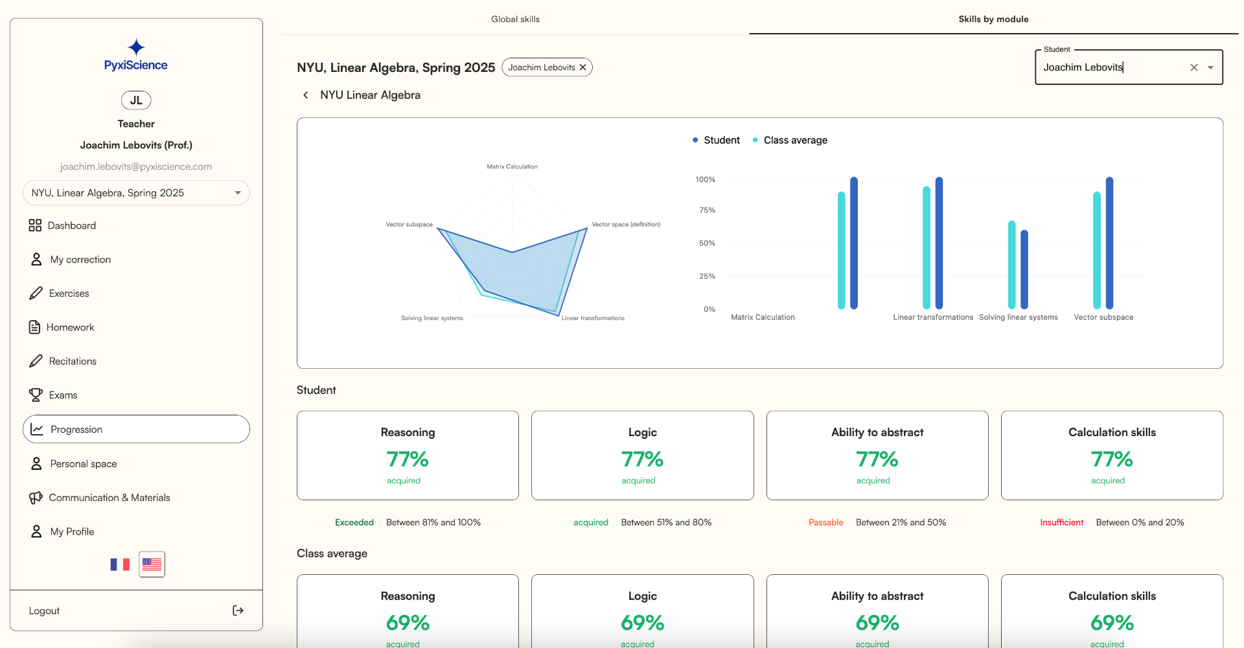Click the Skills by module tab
993,19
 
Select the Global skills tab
515,19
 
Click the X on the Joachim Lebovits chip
582,67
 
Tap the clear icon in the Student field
1193,67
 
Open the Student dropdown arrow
1210,67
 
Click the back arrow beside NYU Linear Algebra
306,95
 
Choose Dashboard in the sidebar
71,226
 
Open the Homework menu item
70,327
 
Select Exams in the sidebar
63,395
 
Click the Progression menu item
76,430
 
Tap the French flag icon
120,564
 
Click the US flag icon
152,564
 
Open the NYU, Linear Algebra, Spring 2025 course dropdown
136,193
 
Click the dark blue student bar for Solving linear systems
1024,269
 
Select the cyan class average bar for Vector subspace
1097,249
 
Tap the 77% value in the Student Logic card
642,459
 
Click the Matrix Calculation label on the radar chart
512,167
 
